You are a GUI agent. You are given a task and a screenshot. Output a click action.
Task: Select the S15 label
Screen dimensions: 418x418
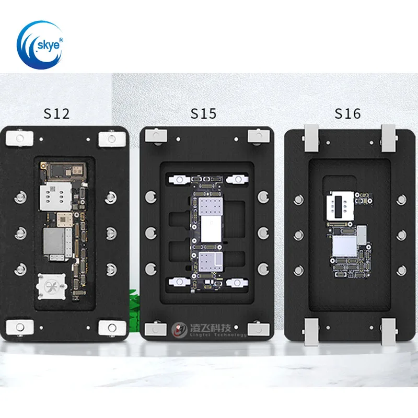pyautogui.click(x=203, y=113)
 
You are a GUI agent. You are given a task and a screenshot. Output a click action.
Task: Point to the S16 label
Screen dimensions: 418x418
pyautogui.click(x=347, y=113)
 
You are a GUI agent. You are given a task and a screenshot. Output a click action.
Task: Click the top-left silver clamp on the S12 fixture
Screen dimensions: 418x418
pyautogui.click(x=20, y=138)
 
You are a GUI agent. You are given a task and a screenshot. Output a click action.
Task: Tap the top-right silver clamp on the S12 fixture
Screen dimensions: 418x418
pyautogui.click(x=111, y=138)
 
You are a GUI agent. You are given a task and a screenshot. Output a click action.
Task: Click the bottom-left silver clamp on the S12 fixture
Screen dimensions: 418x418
pyautogui.click(x=20, y=327)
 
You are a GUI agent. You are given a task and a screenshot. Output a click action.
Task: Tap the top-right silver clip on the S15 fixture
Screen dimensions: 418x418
pyautogui.click(x=257, y=136)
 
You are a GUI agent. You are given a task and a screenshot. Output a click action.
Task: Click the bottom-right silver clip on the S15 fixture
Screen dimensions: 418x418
pyautogui.click(x=257, y=330)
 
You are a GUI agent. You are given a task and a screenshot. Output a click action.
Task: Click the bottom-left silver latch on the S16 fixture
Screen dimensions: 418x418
pyautogui.click(x=312, y=331)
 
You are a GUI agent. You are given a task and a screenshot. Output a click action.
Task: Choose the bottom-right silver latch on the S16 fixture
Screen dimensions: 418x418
pyautogui.click(x=389, y=331)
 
